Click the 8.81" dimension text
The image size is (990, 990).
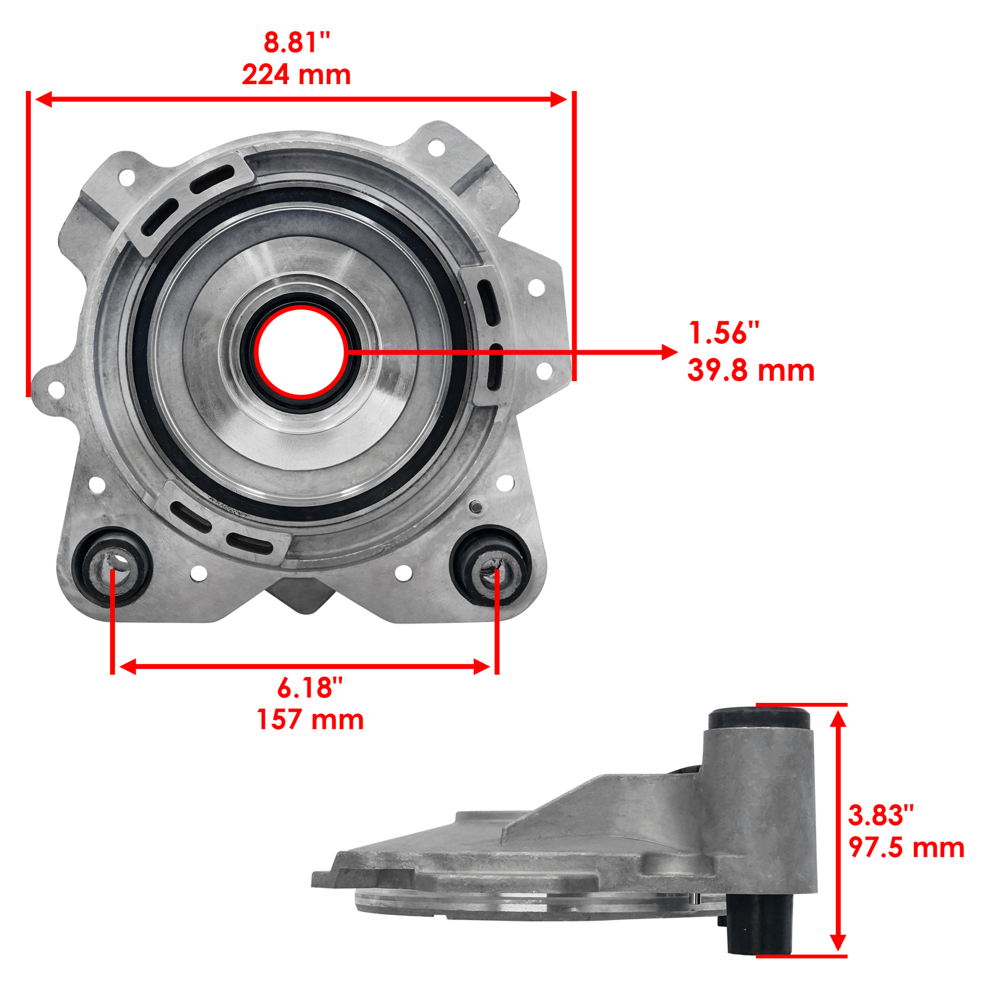pyautogui.click(x=297, y=43)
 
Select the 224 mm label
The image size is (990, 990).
pyautogui.click(x=296, y=75)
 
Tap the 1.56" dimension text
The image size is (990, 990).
pyautogui.click(x=723, y=333)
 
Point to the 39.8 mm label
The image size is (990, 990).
pyautogui.click(x=751, y=371)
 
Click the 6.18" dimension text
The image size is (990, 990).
pyautogui.click(x=309, y=687)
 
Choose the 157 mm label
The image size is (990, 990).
pyautogui.click(x=310, y=720)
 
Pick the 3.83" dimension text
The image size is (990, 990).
pyautogui.click(x=880, y=816)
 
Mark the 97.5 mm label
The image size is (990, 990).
pyautogui.click(x=906, y=848)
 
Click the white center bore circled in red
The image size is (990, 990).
pyautogui.click(x=301, y=351)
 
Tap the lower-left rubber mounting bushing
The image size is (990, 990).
pyautogui.click(x=112, y=566)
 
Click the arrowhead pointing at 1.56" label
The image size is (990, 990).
pyautogui.click(x=669, y=352)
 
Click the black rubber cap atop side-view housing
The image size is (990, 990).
pyautogui.click(x=759, y=718)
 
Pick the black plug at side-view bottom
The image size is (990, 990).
pyautogui.click(x=758, y=926)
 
